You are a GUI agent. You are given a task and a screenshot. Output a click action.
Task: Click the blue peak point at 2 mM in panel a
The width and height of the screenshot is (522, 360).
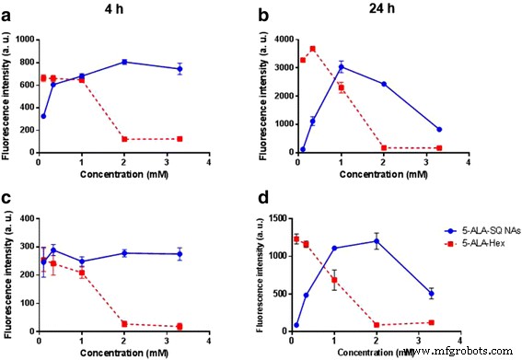pos(150,62)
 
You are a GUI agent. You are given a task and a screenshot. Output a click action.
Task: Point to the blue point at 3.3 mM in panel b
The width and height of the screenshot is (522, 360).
pos(439,129)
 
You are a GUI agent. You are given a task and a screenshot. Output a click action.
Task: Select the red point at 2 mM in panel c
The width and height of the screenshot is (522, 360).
pos(150,324)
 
